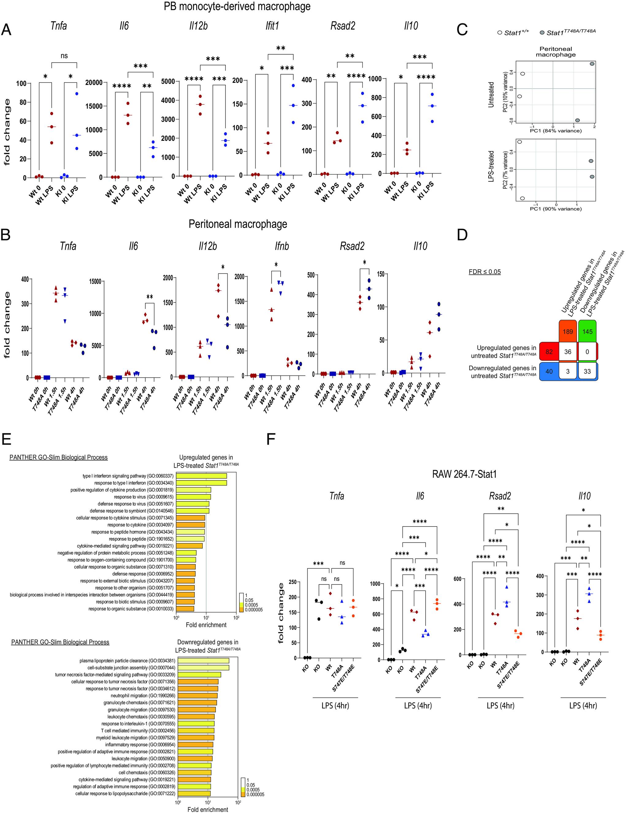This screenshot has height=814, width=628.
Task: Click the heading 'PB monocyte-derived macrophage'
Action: [x=237, y=6]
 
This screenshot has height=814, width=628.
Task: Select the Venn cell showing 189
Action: [x=568, y=331]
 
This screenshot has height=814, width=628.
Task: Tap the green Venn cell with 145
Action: [x=588, y=331]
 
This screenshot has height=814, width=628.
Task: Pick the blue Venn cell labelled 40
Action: [x=549, y=371]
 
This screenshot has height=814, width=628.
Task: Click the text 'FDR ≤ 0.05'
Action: [x=484, y=272]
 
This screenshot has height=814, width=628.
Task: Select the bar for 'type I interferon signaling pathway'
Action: [x=201, y=476]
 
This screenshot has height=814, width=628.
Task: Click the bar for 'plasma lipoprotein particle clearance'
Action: [x=203, y=661]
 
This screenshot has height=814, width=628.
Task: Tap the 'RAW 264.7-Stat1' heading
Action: [x=464, y=474]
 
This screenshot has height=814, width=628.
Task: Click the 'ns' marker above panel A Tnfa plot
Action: [x=64, y=56]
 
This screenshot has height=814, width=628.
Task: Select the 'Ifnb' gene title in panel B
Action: [x=281, y=246]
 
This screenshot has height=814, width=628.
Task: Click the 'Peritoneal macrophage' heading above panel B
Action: [x=238, y=224]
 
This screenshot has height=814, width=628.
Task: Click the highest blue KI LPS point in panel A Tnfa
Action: [x=76, y=94]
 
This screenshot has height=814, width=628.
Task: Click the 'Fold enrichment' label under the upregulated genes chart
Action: [x=206, y=625]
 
